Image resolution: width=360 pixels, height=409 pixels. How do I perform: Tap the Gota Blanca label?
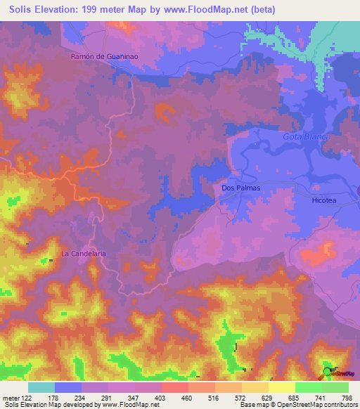pyautogui.click(x=306, y=136)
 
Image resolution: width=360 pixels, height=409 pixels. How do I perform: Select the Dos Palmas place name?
pyautogui.click(x=240, y=188)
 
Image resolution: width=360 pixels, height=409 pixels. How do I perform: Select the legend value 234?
pyautogui.click(x=82, y=397)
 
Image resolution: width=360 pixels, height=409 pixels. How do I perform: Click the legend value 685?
pyautogui.click(x=296, y=397)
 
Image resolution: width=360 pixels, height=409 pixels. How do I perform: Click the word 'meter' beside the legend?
pyautogui.click(x=9, y=397)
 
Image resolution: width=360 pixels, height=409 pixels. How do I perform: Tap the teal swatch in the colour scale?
pyautogui.click(x=41, y=387)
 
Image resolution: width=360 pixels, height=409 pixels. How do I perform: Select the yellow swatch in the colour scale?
pyautogui.click(x=281, y=387)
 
